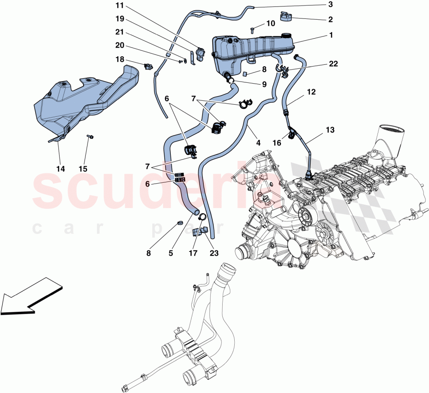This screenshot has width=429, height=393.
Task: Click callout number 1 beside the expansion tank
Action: [x=330, y=36]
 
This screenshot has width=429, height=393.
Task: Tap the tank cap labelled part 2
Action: [x=285, y=16]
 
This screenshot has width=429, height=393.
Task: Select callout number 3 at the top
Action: [x=330, y=5]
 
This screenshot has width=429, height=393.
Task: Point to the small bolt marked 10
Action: [x=253, y=30]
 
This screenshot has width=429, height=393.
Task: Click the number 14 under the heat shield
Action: [x=60, y=169]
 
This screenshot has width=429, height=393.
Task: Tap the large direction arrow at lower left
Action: [x=30, y=296]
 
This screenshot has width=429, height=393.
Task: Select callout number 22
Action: [x=333, y=64]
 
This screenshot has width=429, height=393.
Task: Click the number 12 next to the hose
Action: [x=311, y=92]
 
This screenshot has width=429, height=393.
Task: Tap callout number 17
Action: [x=193, y=254]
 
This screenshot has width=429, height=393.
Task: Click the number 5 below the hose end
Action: [x=170, y=254]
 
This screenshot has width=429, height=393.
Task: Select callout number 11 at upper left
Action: [x=118, y=6]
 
